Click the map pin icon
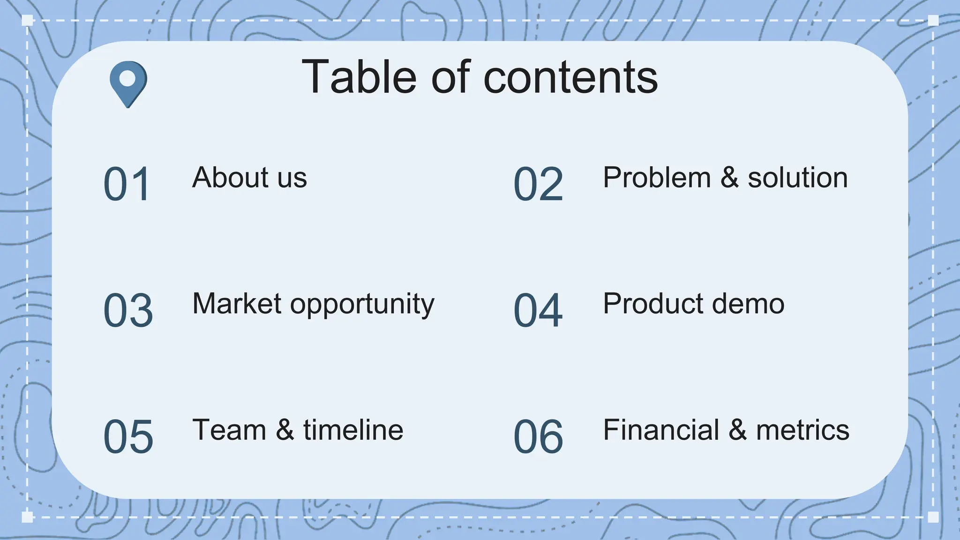pos(128,82)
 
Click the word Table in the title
pos(359,77)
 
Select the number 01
pos(127,184)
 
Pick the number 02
pos(538,184)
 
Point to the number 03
pos(128,310)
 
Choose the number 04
pos(538,310)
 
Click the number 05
pos(128,437)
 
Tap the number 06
pos(538,437)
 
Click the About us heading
pos(249,178)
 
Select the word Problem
pos(657,178)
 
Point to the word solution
pos(797,178)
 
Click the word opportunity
pos(362,305)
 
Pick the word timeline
pos(353,430)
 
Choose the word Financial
pos(661,430)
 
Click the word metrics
pos(802,430)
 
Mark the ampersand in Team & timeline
pos(285,430)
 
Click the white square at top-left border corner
pos(27,20)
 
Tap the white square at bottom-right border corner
pos(933,517)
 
